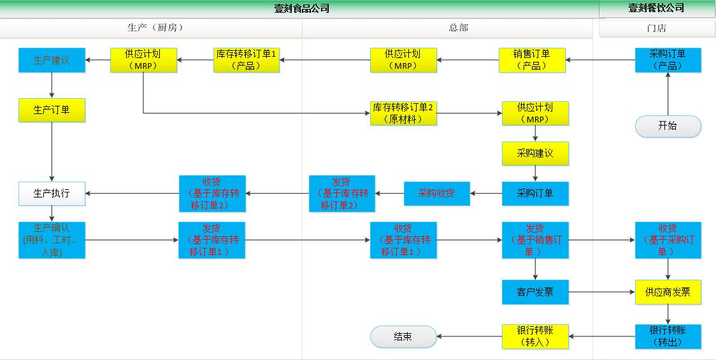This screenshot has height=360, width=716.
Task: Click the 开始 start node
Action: pos(668,126)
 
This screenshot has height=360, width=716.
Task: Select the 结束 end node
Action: pos(403,336)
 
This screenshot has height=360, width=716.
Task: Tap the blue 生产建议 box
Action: pos(52,60)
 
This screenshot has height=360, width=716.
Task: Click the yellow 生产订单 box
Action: pos(52,110)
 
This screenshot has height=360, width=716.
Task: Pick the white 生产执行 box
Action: pos(52,194)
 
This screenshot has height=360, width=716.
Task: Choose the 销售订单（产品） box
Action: pos(531,60)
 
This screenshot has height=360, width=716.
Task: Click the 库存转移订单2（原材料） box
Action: pos(403,113)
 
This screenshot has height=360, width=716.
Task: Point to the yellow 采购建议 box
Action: pos(535,154)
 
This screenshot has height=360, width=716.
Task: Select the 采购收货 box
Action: pos(436,194)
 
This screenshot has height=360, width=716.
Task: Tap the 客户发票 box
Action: pos(535,292)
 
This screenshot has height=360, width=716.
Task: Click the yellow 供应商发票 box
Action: pos(668,292)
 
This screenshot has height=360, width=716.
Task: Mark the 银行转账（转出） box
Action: pos(668,336)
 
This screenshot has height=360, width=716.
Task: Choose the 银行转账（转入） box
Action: pos(535,336)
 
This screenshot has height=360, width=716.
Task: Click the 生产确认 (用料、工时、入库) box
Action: pos(52,240)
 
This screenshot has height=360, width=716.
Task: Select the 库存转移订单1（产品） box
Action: pos(246,60)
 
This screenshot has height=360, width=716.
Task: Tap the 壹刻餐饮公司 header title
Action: pos(656,8)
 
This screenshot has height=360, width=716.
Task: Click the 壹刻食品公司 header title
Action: pos(302,8)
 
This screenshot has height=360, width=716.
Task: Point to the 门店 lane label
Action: pos(656,28)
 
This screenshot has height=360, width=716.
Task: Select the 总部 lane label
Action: pos(458,27)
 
